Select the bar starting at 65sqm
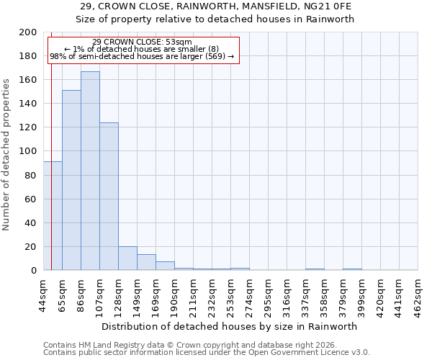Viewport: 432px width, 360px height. coord(71,180)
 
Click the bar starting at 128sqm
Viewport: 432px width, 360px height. coord(127,258)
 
